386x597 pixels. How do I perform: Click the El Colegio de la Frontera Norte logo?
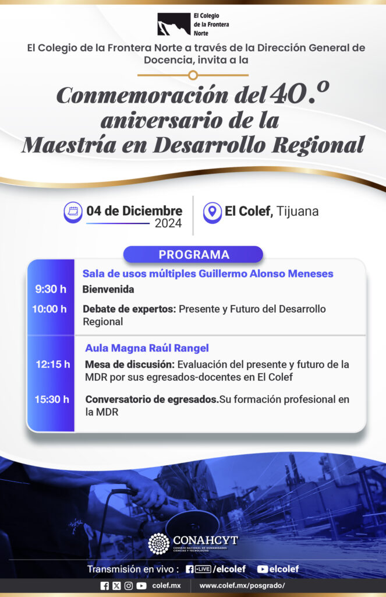pos(193,24)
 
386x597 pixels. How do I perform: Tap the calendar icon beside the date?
pos(73,212)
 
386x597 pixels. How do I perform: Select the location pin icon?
pos(212,212)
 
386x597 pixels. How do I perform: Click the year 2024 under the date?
pos(168,223)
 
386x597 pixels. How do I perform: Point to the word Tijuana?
pos(298,211)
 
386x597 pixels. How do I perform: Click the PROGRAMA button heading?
pos(193,255)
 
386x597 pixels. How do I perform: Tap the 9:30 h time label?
pos(51,289)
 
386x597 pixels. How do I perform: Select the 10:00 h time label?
pos(49,309)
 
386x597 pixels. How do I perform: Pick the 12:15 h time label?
pos(53,364)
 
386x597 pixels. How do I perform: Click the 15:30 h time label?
pos(52,399)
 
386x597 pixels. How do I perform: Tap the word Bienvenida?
pos(108,289)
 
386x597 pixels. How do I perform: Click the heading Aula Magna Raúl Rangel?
pos(147,348)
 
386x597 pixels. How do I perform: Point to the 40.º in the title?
pos(299,93)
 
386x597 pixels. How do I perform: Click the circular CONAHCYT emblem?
pos(158,543)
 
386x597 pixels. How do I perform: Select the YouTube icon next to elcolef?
pos(263,569)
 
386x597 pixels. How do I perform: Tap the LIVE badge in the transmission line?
pos(203,569)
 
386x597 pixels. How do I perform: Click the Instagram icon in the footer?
pos(129,586)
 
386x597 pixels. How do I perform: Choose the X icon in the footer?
pos(116,586)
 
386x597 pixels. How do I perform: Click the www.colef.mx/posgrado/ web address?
pos(242,585)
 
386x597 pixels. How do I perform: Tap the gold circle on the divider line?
pos(193,75)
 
